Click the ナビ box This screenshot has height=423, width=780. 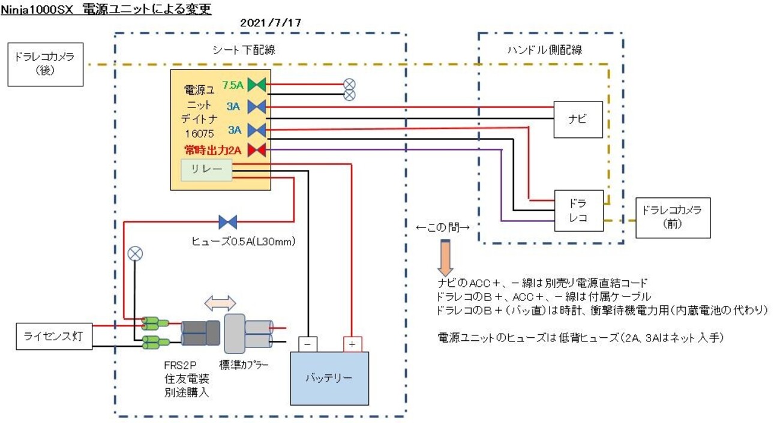(x=577, y=119)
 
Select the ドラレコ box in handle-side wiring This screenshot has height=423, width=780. (x=578, y=210)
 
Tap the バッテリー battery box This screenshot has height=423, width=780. (x=329, y=378)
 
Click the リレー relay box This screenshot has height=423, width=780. (x=206, y=170)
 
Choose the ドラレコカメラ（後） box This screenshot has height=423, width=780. (x=45, y=64)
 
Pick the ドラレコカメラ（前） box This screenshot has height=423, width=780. (x=673, y=217)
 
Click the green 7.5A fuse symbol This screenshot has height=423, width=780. (x=257, y=85)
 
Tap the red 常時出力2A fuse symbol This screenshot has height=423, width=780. (x=257, y=149)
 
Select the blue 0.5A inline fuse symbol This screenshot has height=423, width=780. (x=228, y=222)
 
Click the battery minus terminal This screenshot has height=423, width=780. (x=308, y=344)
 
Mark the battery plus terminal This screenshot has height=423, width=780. (x=353, y=344)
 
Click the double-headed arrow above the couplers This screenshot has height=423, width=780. (x=220, y=304)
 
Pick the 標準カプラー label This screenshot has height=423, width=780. (x=244, y=364)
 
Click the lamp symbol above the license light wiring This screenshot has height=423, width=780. (x=136, y=254)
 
